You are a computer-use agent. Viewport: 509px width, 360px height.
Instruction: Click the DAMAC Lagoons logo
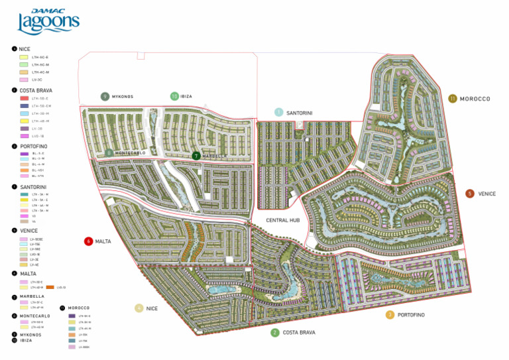tap(48, 22)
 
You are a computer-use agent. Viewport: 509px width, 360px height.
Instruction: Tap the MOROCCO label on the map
tap(475, 99)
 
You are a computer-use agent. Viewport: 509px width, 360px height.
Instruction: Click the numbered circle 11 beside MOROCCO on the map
tap(452, 99)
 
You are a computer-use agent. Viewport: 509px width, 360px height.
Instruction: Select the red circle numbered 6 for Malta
tap(88, 241)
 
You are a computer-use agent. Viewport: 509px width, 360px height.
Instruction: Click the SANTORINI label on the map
tap(300, 113)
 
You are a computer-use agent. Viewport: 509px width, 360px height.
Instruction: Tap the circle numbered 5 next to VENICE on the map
tap(470, 194)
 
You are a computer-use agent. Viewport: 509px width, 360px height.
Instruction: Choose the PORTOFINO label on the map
tap(411, 314)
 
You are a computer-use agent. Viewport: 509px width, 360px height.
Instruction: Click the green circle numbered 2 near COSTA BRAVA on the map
tap(274, 332)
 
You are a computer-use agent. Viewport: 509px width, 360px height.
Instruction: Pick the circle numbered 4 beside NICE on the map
tap(139, 308)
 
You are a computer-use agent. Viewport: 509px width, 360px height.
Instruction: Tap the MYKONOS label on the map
tap(123, 97)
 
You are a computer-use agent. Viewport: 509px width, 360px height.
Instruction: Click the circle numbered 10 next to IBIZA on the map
tap(174, 96)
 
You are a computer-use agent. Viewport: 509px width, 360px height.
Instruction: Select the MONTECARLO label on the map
tap(130, 153)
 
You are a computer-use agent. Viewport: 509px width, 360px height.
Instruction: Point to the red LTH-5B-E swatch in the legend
tap(25, 98)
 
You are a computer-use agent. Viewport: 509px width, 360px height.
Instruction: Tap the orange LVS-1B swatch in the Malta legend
tap(50, 287)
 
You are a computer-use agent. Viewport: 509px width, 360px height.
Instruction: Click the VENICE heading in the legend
tap(29, 230)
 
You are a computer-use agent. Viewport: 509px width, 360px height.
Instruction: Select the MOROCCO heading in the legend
tap(80, 308)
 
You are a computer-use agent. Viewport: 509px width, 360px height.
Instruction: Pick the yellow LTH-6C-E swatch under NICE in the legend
tap(25, 57)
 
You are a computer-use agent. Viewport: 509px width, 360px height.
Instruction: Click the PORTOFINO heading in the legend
tap(34, 146)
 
